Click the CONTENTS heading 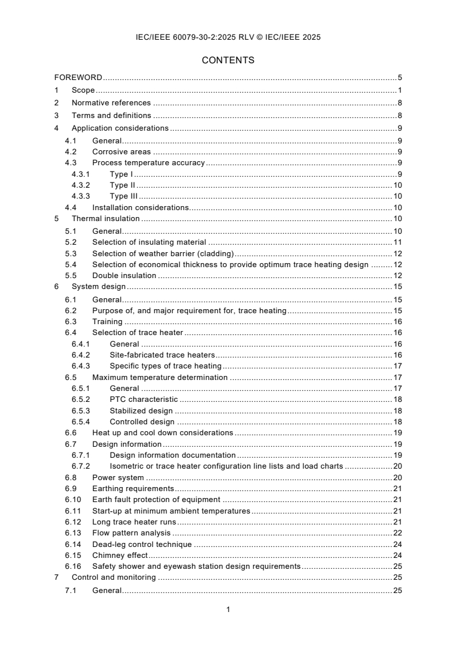click(x=228, y=60)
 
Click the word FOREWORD click(x=78, y=77)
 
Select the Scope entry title click(x=83, y=90)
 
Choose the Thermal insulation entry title click(x=105, y=219)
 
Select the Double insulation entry click(x=124, y=276)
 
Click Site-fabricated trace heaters click(x=161, y=355)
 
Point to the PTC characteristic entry click(x=143, y=400)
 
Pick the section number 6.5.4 click(x=81, y=421)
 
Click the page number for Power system click(x=397, y=477)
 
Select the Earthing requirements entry click(x=133, y=488)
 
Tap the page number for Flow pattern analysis click(x=397, y=533)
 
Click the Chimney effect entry click(x=120, y=555)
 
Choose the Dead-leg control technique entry click(x=143, y=544)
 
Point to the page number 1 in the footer click(x=228, y=610)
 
